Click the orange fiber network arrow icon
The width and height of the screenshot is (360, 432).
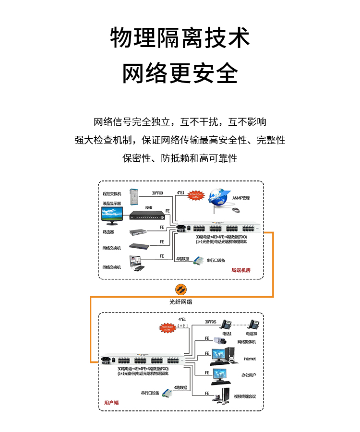[180, 289]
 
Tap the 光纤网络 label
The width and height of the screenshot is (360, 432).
[180, 302]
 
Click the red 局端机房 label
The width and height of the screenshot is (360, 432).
[240, 270]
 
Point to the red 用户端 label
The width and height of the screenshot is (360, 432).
[111, 403]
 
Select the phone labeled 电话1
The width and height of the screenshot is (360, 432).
[226, 324]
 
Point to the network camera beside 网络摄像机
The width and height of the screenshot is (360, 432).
[220, 342]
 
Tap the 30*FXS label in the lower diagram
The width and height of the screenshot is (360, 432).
[211, 322]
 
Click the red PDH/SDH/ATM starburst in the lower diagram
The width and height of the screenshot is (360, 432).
[168, 327]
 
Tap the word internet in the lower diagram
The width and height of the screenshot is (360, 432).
[250, 359]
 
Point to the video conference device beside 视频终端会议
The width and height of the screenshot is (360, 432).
[221, 395]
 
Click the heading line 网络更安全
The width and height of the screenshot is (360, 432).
[180, 73]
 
